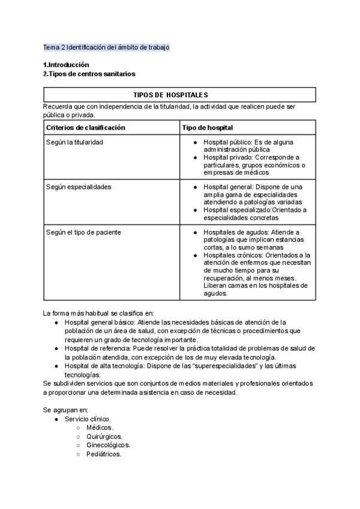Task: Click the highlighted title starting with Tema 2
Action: [106, 47]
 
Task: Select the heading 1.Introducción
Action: [66, 65]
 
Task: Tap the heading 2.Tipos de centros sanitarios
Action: [89, 74]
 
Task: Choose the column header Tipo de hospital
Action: [208, 128]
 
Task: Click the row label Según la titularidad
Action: [74, 142]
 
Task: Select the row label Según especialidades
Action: [78, 187]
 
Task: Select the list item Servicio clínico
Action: [88, 418]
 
